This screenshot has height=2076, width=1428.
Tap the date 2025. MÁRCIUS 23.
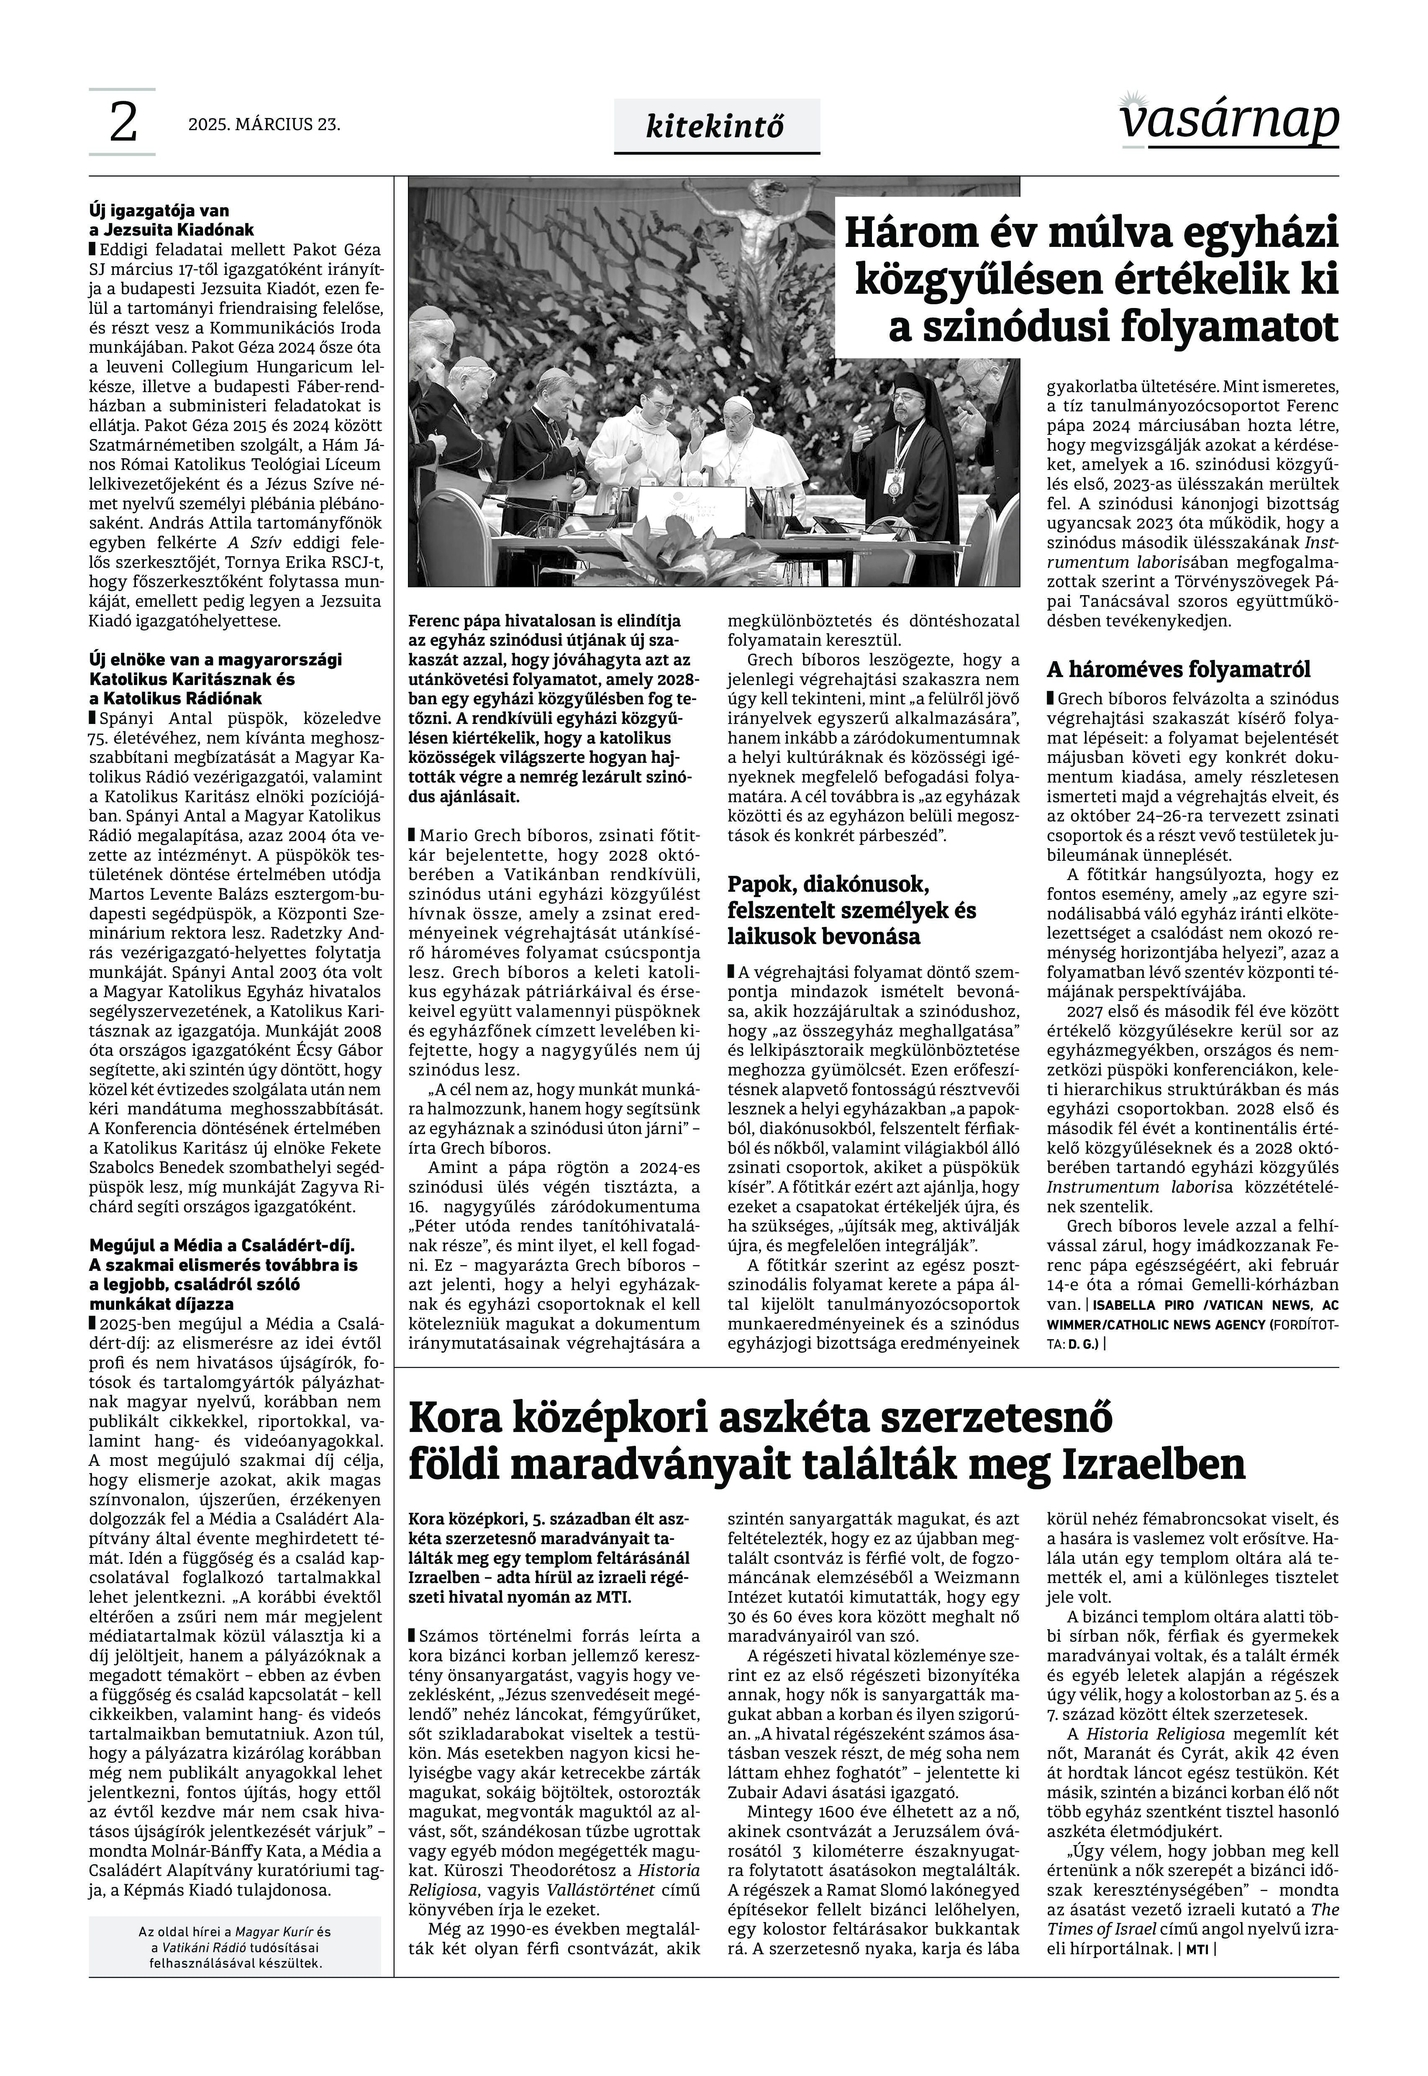point(264,124)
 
